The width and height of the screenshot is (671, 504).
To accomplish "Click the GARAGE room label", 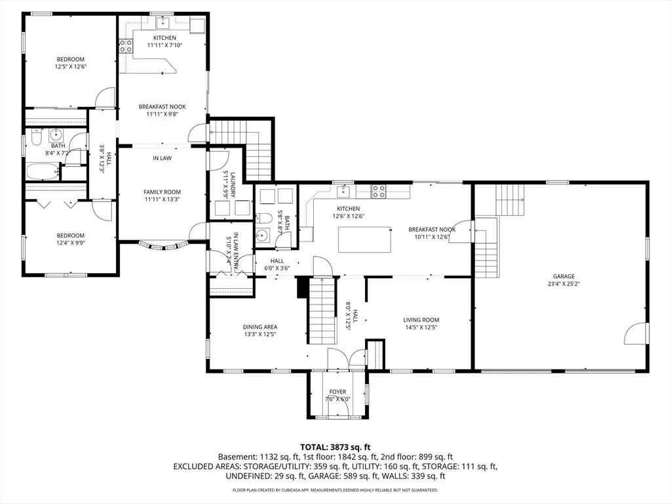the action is click(564, 276).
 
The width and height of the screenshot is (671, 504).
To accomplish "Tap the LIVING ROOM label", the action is click(421, 320).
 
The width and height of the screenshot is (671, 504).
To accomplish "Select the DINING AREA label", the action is click(259, 327).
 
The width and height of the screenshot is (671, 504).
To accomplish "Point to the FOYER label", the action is click(337, 392).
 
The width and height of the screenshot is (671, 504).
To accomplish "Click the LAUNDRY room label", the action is click(233, 184).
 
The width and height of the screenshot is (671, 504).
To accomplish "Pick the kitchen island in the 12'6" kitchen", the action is click(365, 240).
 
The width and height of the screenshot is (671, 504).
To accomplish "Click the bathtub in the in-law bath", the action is click(43, 173).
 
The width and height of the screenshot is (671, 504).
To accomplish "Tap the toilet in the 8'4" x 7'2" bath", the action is click(35, 137).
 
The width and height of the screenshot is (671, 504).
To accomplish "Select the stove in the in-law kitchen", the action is click(126, 46).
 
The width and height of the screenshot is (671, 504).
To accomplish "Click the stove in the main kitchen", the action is click(378, 191).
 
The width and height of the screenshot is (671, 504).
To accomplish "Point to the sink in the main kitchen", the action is click(343, 191).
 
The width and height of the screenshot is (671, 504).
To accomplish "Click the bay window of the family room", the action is click(163, 245).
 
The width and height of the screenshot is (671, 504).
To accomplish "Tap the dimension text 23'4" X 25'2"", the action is click(564, 283).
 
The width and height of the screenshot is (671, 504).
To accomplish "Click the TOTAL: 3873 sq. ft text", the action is click(335, 448).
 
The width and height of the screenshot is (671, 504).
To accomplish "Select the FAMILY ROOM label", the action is click(163, 192).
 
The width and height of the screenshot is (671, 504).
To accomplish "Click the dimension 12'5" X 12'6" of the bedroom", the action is click(71, 66).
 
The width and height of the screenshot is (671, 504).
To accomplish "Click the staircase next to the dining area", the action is click(322, 310).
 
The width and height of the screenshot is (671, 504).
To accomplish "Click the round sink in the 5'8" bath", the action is click(262, 236).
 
